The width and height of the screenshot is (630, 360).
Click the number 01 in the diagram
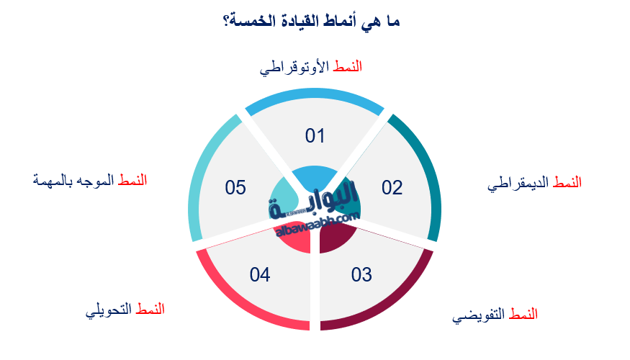(x=315, y=135)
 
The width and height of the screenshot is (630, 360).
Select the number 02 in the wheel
(x=392, y=188)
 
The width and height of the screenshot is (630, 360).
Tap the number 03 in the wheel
(x=361, y=274)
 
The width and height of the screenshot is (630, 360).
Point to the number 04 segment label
(x=259, y=274)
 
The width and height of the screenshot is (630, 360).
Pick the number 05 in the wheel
(x=235, y=188)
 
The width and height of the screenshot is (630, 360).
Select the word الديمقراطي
(x=519, y=183)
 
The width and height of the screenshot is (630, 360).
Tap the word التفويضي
(x=479, y=315)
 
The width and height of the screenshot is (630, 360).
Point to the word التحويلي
(x=108, y=310)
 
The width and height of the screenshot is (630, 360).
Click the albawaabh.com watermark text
(x=317, y=224)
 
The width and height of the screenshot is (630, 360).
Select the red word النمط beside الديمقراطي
(x=567, y=183)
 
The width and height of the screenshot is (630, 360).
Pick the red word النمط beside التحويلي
(x=150, y=309)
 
